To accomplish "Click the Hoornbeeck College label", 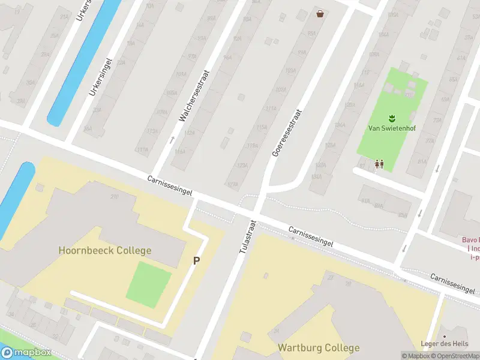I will point(105,250).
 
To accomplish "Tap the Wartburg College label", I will point(319,347).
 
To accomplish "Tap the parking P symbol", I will point(196,260).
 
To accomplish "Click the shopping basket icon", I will point(320,13).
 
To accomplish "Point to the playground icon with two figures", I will point(379,163).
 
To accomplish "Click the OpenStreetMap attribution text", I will point(452,355).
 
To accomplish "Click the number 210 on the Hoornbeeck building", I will point(114,197).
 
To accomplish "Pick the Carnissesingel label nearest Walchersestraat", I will point(171,185).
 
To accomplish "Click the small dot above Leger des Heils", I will point(444,337).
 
